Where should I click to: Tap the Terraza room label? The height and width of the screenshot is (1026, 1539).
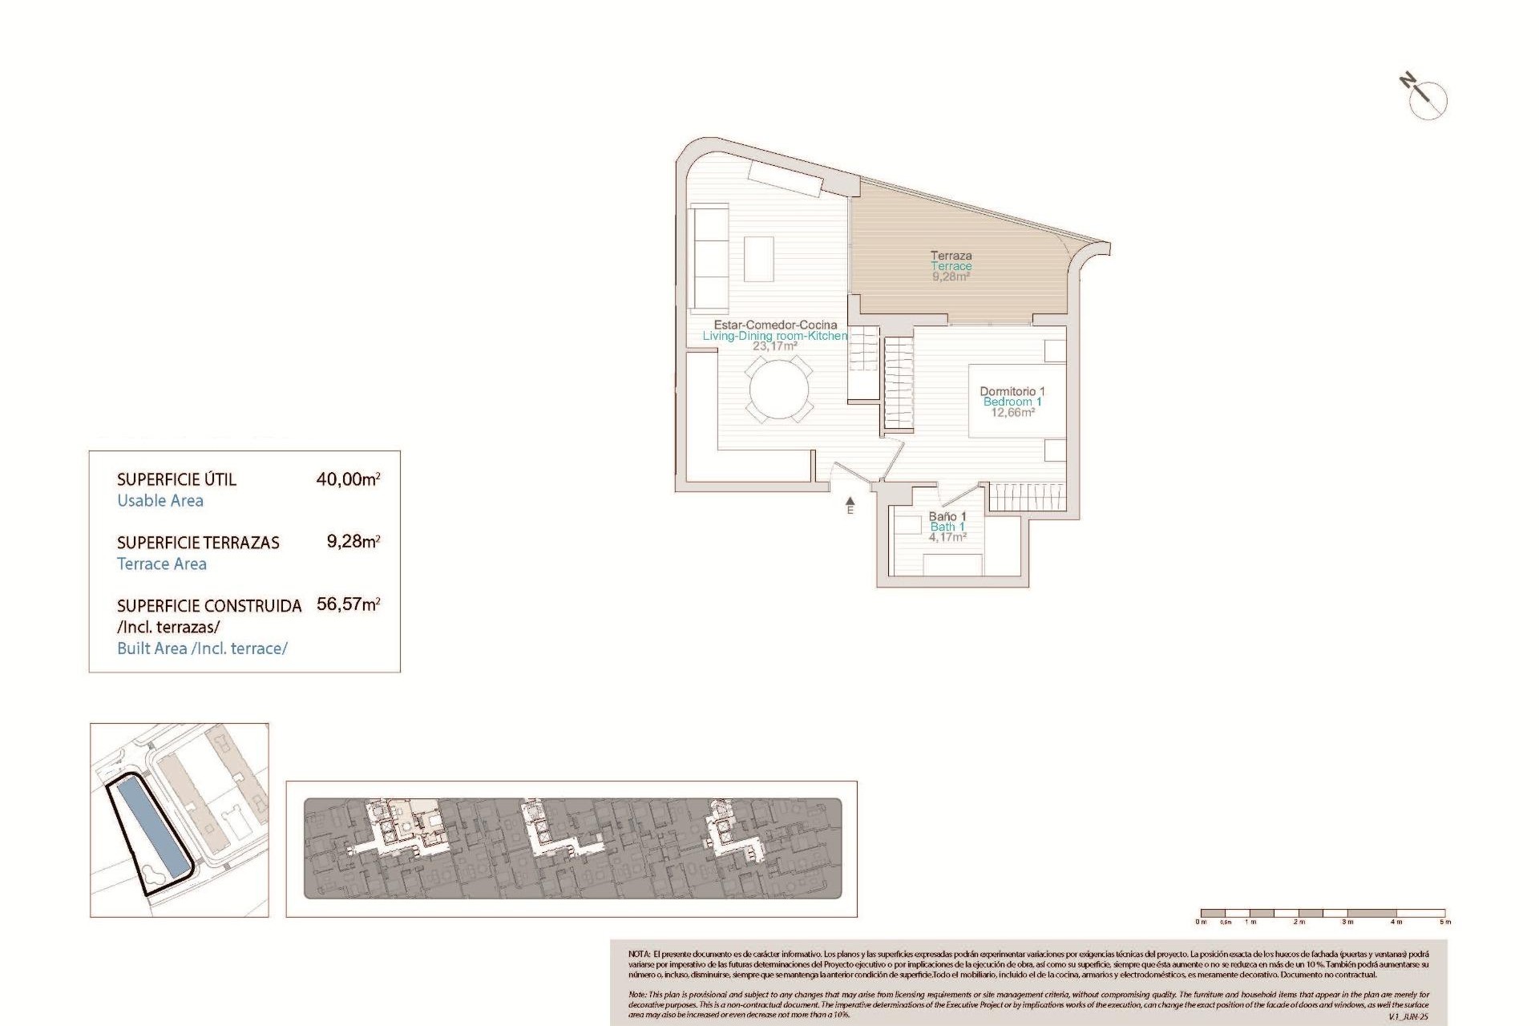pyautogui.click(x=951, y=256)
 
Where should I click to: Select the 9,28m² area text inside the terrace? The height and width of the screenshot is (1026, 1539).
pyautogui.click(x=951, y=277)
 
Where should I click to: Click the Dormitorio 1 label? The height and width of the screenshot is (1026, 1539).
pyautogui.click(x=1012, y=391)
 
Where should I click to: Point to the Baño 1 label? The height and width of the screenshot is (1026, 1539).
pyautogui.click(x=947, y=516)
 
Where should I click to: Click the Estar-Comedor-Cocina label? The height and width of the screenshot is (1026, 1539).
pyautogui.click(x=775, y=325)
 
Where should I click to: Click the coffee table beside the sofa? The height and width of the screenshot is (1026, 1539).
pyautogui.click(x=759, y=258)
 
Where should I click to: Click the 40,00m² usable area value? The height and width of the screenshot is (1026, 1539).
pyautogui.click(x=348, y=479)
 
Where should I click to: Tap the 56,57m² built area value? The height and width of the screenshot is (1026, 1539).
pyautogui.click(x=348, y=604)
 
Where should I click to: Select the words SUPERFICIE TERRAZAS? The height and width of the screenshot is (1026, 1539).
pyautogui.click(x=198, y=543)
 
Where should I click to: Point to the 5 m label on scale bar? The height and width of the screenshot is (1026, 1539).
pyautogui.click(x=1445, y=922)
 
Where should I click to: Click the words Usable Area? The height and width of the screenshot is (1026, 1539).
pyautogui.click(x=160, y=501)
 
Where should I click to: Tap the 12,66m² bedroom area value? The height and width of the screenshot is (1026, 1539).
pyautogui.click(x=1012, y=413)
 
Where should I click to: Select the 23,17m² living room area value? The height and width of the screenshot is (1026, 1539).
pyautogui.click(x=774, y=346)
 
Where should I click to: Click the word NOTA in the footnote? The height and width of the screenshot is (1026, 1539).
pyautogui.click(x=639, y=954)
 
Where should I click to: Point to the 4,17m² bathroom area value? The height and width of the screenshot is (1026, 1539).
pyautogui.click(x=947, y=537)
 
